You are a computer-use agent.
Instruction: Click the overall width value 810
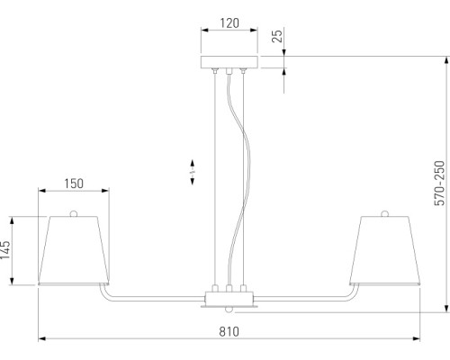229,331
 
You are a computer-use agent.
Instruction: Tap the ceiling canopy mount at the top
229,62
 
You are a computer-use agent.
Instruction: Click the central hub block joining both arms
229,296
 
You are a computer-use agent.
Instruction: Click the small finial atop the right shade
385,212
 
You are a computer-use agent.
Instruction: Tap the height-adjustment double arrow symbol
193,170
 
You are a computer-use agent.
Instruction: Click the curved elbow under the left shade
103,293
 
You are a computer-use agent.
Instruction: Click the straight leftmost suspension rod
214,180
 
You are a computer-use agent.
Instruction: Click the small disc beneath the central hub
229,308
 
